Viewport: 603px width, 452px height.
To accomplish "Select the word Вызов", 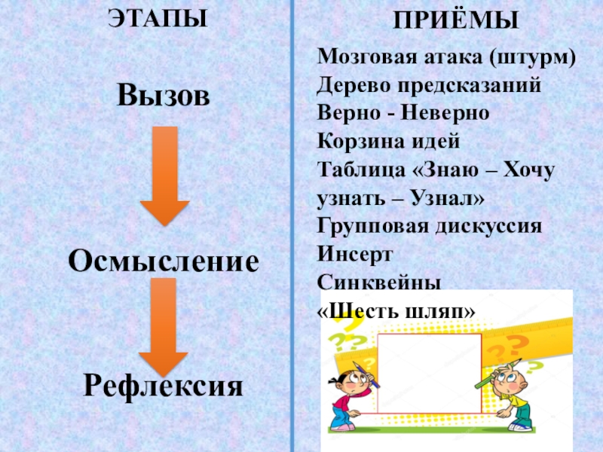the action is tap(162, 95).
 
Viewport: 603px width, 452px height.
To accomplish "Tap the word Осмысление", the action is tap(164, 261).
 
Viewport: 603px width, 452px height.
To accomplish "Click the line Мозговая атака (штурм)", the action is tap(447, 58).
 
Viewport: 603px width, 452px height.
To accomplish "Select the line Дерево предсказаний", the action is tap(429, 85).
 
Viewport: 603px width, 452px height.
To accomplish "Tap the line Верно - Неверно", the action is tap(403, 113).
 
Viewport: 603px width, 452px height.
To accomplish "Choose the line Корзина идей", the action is tap(387, 141).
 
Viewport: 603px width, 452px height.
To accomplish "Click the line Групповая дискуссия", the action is tap(429, 225).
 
